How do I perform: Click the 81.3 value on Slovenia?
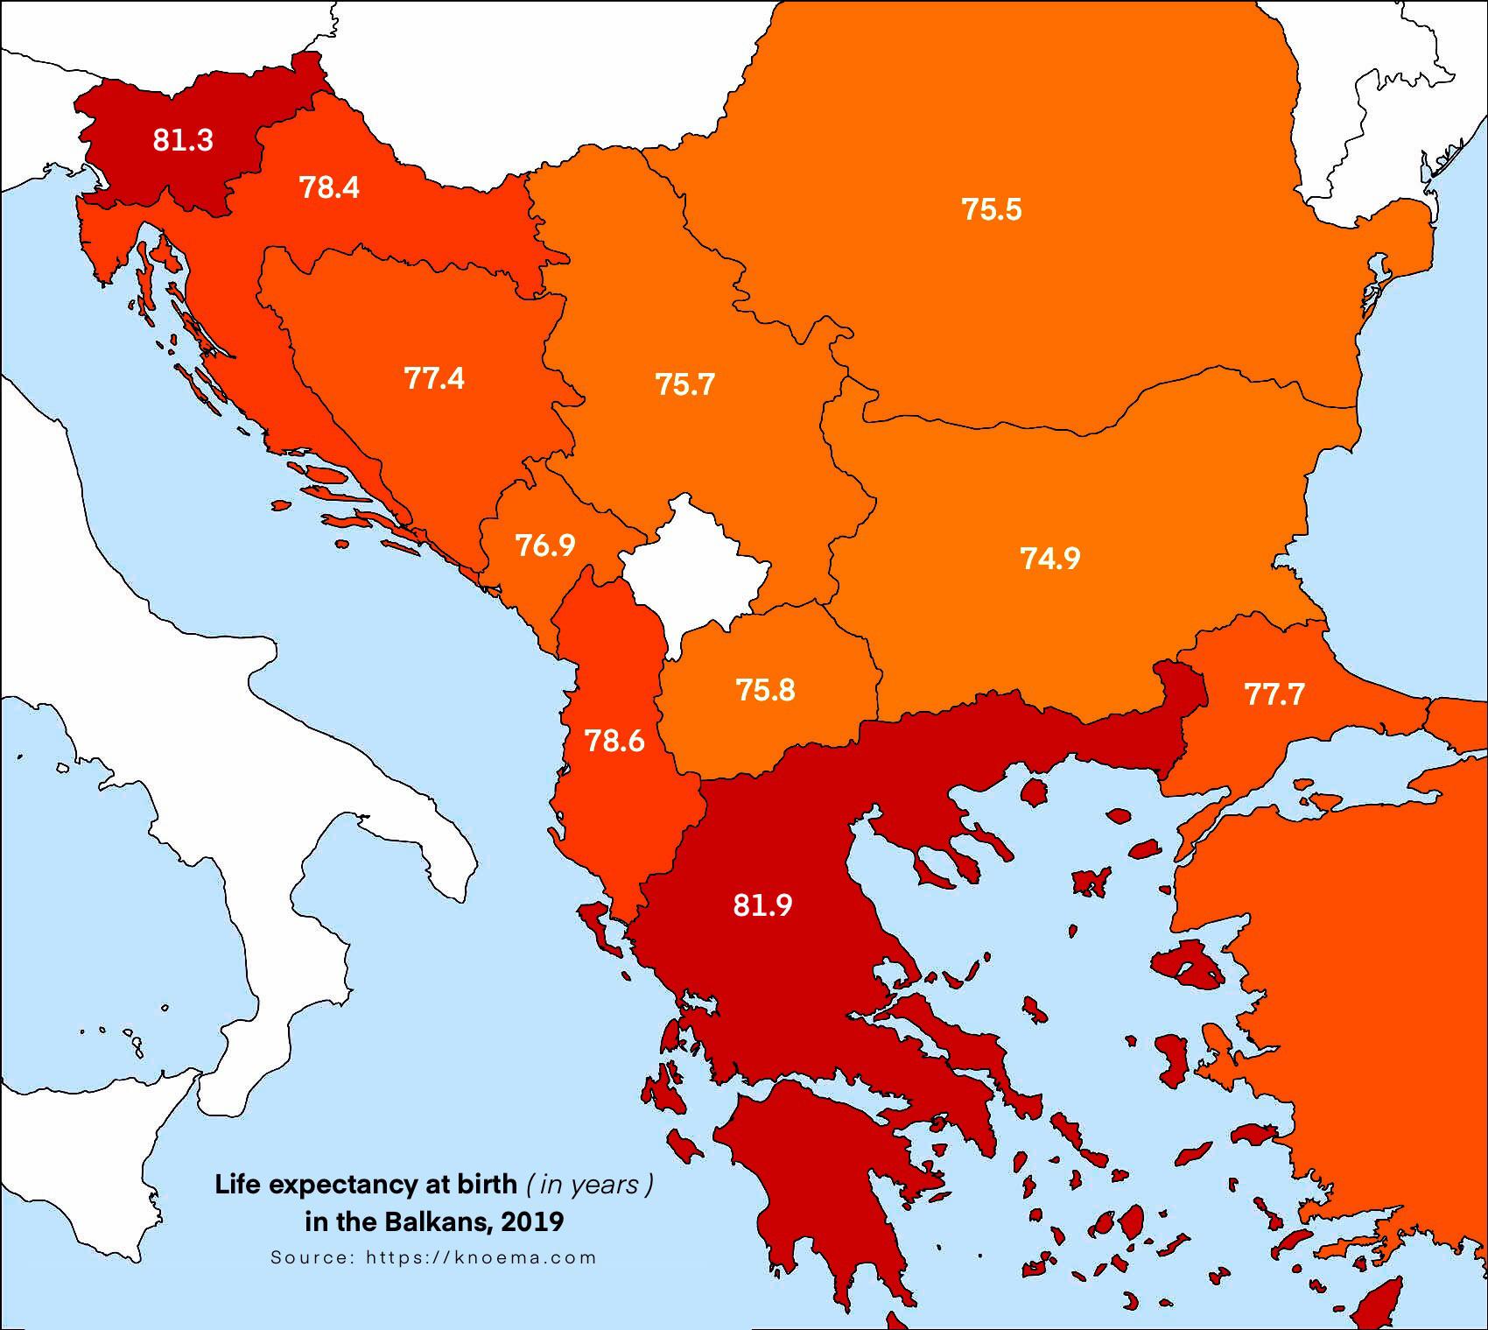183,140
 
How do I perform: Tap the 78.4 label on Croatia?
330,187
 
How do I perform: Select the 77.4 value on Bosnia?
434,378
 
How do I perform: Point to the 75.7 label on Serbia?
685,384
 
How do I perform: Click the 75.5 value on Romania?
992,210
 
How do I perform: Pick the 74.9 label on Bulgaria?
1050,558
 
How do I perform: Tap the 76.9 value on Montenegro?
545,545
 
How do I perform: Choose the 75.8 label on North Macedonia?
766,690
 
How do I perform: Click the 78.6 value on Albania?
614,742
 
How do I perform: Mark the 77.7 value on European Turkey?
1274,694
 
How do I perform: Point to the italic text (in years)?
589,1185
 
